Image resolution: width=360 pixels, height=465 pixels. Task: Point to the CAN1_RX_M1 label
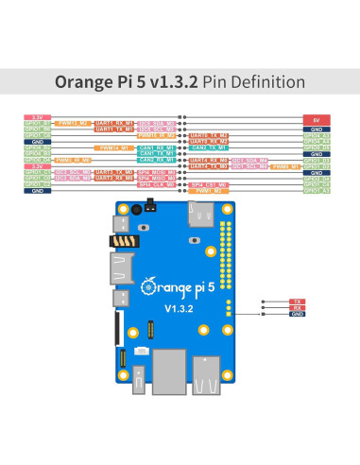click(x=154, y=147)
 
